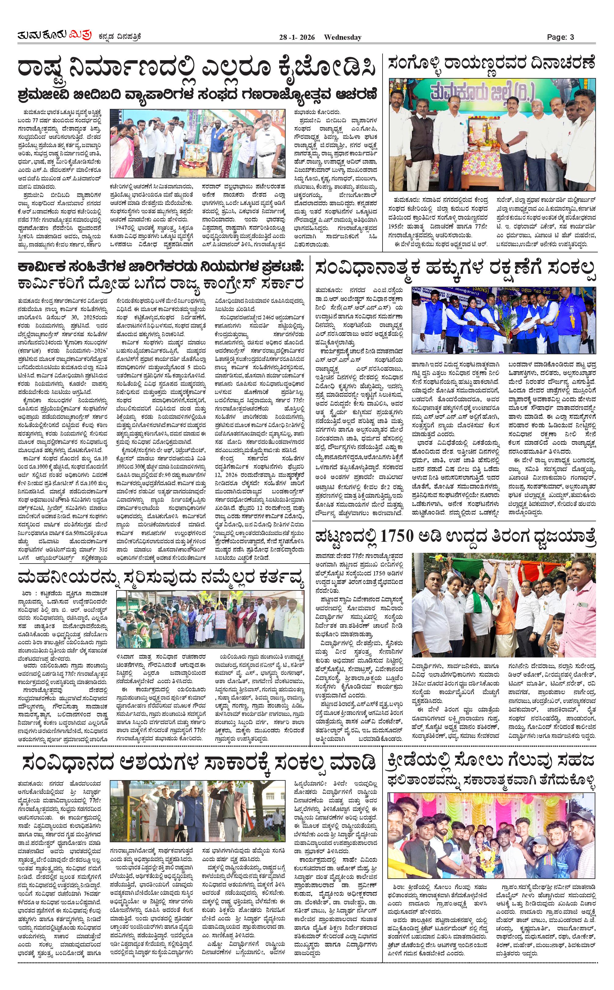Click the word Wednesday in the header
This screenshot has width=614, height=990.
(x=342, y=37)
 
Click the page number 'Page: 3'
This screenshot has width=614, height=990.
(x=560, y=37)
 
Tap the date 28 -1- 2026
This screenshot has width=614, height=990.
(x=297, y=37)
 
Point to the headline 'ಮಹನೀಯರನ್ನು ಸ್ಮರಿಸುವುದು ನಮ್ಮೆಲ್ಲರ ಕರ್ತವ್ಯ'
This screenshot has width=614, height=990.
(x=161, y=578)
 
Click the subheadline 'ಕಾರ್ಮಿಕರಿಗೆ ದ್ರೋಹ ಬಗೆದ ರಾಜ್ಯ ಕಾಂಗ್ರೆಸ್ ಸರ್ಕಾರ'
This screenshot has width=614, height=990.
(x=161, y=283)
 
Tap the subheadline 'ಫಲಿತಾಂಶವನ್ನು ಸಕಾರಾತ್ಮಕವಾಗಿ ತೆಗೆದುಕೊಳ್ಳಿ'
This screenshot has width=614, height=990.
(x=491, y=779)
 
